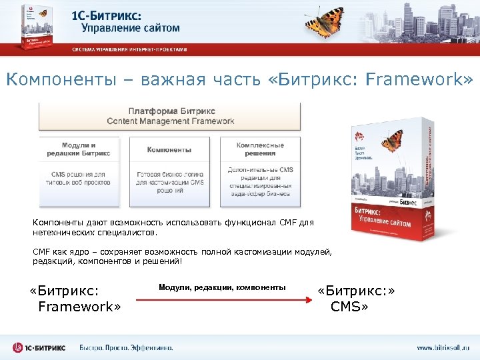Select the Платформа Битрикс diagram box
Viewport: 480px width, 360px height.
click(x=171, y=116)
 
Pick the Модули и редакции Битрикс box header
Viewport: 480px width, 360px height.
click(x=79, y=149)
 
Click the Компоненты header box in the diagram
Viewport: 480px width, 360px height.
click(x=169, y=149)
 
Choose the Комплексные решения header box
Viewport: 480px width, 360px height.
click(x=260, y=149)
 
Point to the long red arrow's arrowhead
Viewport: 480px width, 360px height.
click(x=310, y=301)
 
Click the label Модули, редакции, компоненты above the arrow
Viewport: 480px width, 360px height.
click(x=222, y=287)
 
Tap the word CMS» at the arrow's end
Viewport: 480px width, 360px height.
click(x=349, y=307)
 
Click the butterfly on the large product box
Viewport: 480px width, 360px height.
click(x=393, y=139)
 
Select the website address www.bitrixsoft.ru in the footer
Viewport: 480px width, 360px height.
click(x=443, y=347)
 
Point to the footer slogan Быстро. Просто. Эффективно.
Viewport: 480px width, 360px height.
click(x=127, y=347)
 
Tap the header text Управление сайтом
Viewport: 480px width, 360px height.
click(x=131, y=28)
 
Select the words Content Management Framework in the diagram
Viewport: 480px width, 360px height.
click(x=171, y=121)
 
